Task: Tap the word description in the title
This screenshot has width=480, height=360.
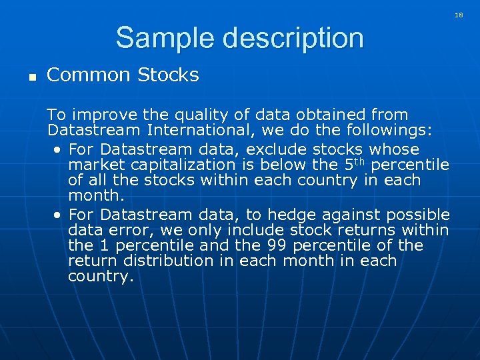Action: click(x=294, y=39)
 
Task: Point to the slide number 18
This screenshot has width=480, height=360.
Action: click(x=459, y=14)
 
